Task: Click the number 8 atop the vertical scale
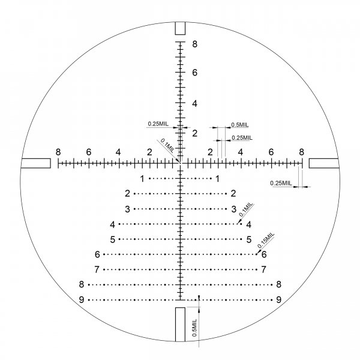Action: coord(194,44)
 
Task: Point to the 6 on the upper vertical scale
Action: coord(194,73)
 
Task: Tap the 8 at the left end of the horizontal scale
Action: coord(58,152)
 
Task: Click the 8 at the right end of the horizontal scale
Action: coord(301,152)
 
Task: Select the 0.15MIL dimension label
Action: coord(266,240)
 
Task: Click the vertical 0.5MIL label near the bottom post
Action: coord(194,328)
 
